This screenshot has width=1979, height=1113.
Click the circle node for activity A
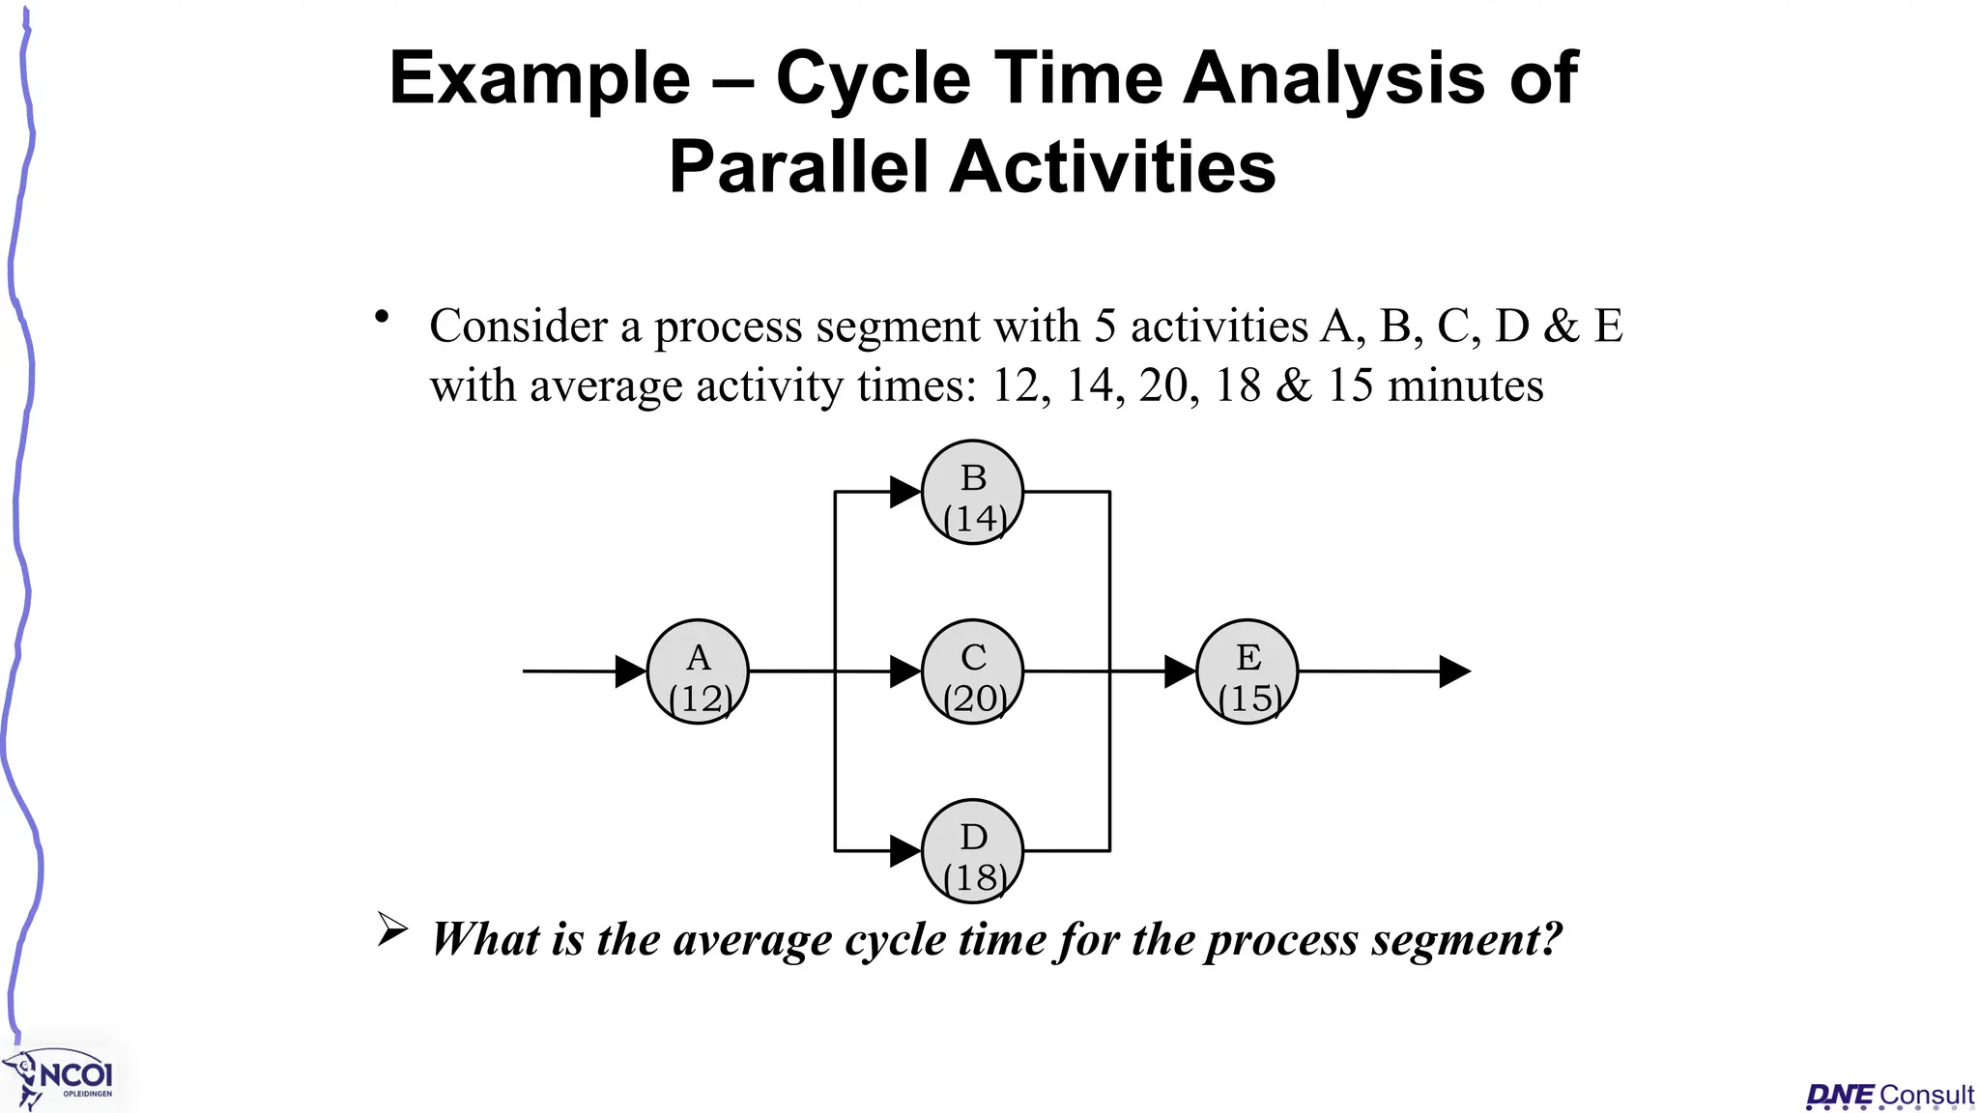698,671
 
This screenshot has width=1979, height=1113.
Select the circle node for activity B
972,492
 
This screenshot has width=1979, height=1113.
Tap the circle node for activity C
972,671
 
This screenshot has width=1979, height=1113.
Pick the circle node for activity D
972,851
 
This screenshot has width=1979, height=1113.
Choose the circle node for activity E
1247,671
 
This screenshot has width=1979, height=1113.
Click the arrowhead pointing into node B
904,492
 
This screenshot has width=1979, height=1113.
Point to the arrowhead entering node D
904,851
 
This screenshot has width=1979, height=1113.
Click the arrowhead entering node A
630,671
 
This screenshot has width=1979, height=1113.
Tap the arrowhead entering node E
1179,671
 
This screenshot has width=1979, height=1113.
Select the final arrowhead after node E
1454,671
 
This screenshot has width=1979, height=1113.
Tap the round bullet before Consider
383,317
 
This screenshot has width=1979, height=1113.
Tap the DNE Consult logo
1890,1096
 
